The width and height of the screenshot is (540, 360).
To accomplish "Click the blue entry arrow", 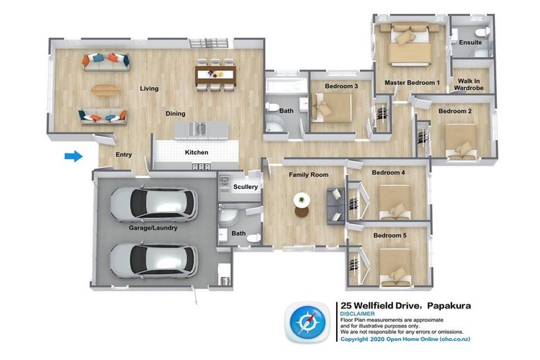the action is click(x=74, y=156).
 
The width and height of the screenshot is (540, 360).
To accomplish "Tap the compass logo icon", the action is click(x=307, y=323).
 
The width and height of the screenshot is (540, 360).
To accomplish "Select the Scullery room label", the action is click(x=245, y=187).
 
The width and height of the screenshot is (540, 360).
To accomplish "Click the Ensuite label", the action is click(x=470, y=42).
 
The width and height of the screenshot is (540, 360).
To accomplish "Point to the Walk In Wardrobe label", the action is click(x=468, y=84).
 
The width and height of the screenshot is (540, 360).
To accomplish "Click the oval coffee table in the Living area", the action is click(x=105, y=90).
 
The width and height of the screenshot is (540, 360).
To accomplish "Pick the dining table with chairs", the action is click(x=215, y=75).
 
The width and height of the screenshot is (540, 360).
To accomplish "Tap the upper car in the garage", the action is click(x=154, y=205).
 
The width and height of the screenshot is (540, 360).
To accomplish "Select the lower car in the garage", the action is click(x=154, y=260).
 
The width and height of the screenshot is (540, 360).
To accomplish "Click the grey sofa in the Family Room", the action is click(x=335, y=206).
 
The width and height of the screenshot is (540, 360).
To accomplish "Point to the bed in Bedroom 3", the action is click(x=331, y=108).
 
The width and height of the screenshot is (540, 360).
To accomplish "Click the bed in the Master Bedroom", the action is click(x=409, y=44).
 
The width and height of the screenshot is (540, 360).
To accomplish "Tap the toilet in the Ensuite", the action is click(x=482, y=32).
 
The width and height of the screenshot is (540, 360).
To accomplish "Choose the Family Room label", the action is click(x=308, y=174).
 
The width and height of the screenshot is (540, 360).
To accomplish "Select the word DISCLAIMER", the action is click(x=357, y=314).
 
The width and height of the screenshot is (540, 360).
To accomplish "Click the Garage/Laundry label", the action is click(x=153, y=228).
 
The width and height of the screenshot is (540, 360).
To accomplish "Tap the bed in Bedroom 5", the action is click(x=395, y=268).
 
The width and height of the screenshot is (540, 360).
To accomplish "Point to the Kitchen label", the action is click(x=196, y=153).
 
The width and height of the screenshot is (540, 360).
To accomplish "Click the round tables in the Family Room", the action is click(x=302, y=205).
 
